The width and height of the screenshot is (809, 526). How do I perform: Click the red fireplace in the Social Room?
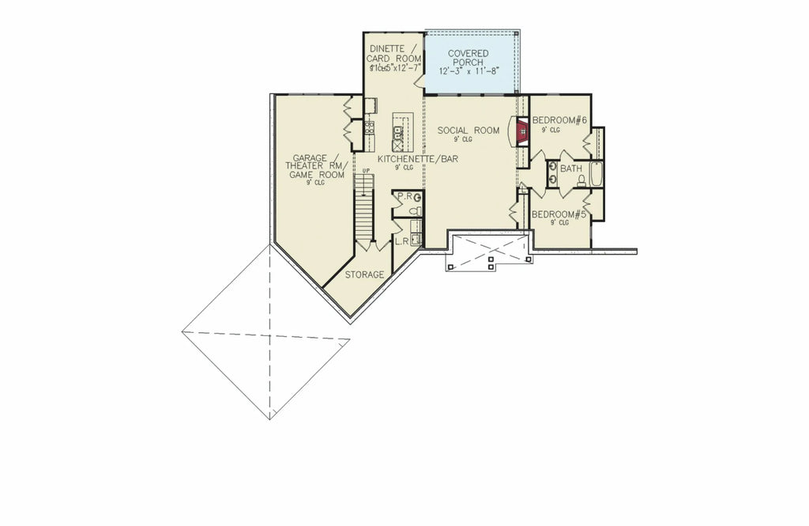(x=521, y=131)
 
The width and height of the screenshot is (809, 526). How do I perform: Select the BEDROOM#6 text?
(x=559, y=120)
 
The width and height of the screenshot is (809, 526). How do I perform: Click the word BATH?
(x=571, y=169)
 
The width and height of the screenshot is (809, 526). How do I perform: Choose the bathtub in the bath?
(x=596, y=174)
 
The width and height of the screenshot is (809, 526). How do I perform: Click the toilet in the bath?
(x=581, y=181)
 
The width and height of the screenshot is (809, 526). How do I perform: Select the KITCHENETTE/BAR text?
(x=418, y=159)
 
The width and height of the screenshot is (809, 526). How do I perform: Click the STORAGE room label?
(x=364, y=274)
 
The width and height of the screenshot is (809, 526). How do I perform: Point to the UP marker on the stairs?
(x=365, y=171)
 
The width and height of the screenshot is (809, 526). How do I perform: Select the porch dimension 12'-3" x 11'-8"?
(x=468, y=70)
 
